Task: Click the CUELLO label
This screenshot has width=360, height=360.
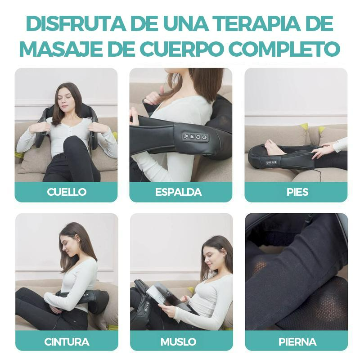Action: [x=66, y=192]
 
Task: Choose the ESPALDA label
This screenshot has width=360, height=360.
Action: [x=181, y=192]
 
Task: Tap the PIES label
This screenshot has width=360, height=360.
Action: [x=297, y=192]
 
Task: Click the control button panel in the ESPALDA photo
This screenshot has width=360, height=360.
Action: [x=195, y=136]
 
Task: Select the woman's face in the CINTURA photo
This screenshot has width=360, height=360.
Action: [x=67, y=247]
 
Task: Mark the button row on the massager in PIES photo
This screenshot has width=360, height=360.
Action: [x=271, y=162]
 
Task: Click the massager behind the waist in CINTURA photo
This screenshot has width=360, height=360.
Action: [x=97, y=301]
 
